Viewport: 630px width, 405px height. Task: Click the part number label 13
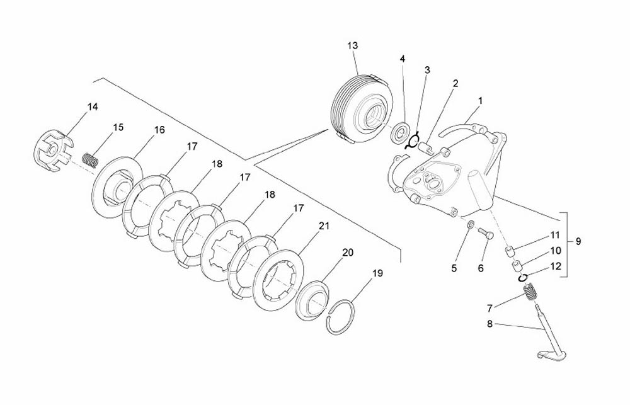352,46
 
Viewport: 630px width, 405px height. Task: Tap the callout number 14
93,107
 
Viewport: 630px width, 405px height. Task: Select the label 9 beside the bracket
578,241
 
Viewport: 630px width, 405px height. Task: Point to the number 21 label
323,225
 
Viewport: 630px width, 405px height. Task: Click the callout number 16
159,130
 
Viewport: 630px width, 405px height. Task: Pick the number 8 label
490,324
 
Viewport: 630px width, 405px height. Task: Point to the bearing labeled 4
401,132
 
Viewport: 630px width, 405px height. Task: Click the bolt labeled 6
485,233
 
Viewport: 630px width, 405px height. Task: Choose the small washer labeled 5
471,224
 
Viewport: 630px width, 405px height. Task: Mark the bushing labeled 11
510,252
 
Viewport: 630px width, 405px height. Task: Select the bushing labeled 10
517,266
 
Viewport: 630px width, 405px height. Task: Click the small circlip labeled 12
522,278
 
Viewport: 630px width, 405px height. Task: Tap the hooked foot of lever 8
551,355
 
